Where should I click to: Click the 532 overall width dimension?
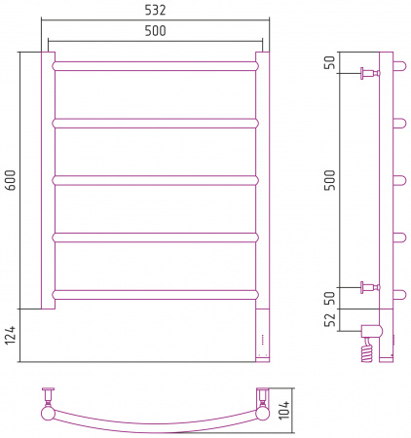[x=155, y=10]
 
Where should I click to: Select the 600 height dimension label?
[x=10, y=180]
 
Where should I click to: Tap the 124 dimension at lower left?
[x=10, y=336]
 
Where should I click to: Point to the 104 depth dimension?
[x=283, y=410]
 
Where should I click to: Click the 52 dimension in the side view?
[x=330, y=320]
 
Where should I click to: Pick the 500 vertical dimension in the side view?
[x=330, y=180]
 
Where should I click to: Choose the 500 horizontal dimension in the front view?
[x=155, y=31]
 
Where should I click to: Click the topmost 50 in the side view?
[x=330, y=62]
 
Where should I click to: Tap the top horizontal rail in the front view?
[x=155, y=66]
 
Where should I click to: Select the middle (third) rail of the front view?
[x=155, y=180]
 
